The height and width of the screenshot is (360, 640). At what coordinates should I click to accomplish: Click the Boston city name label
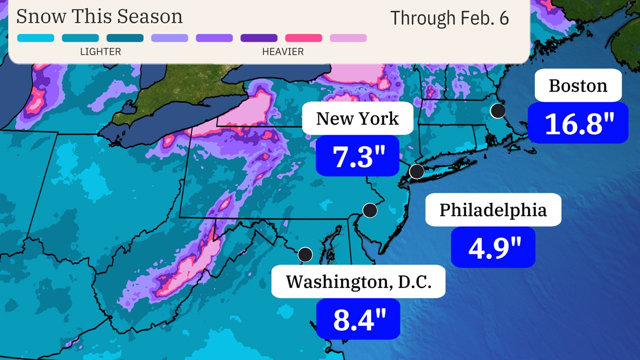578,85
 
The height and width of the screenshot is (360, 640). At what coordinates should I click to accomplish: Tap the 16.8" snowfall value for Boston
578,123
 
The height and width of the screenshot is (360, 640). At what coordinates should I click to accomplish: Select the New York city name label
357,118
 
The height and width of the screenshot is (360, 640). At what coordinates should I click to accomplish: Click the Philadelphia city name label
493,209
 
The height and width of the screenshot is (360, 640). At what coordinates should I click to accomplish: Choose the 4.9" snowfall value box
493,247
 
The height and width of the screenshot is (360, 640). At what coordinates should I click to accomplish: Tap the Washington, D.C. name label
358,281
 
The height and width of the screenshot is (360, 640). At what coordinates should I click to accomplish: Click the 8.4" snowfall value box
358,319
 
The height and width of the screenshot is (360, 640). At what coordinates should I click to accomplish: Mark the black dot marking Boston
497,110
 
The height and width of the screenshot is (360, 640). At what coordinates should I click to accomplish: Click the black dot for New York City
416,171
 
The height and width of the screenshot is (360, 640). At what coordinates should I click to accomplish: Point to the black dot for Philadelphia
369,210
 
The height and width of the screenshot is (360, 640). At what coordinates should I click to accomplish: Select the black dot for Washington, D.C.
305,254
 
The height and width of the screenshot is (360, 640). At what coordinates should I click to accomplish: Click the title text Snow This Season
99,16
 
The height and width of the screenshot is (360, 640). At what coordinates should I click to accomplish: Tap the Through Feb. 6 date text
449,18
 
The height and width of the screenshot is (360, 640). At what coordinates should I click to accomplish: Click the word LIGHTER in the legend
100,51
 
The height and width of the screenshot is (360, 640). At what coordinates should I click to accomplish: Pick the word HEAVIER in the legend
282,51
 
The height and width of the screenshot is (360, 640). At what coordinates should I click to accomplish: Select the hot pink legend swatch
303,38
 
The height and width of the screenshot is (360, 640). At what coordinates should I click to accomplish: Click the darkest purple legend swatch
259,38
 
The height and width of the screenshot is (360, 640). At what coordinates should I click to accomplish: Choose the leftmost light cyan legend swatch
35,38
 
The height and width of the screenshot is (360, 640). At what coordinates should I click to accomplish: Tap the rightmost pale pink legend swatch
348,38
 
